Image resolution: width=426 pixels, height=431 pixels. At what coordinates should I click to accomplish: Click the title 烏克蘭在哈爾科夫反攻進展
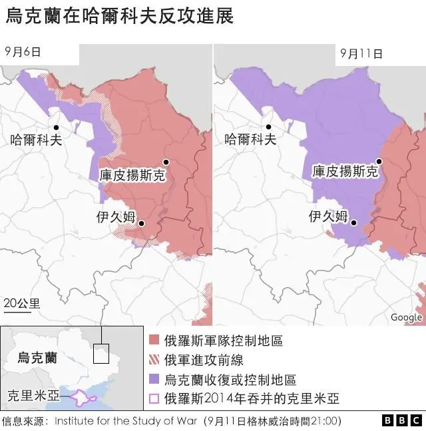(x=120, y=17)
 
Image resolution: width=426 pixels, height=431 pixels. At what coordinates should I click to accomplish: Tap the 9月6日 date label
(x=22, y=51)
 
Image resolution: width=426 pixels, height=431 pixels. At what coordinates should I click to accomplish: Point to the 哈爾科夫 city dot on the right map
(x=269, y=127)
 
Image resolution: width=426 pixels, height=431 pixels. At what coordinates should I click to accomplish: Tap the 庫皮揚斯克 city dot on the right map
(x=379, y=161)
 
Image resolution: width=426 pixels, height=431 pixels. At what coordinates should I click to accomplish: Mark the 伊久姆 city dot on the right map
(x=354, y=223)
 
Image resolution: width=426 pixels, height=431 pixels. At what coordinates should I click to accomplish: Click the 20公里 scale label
(x=21, y=304)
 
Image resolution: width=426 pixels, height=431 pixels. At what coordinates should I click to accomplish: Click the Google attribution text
(x=406, y=317)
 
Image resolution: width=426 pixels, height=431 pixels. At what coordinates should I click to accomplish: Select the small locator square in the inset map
(x=101, y=353)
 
